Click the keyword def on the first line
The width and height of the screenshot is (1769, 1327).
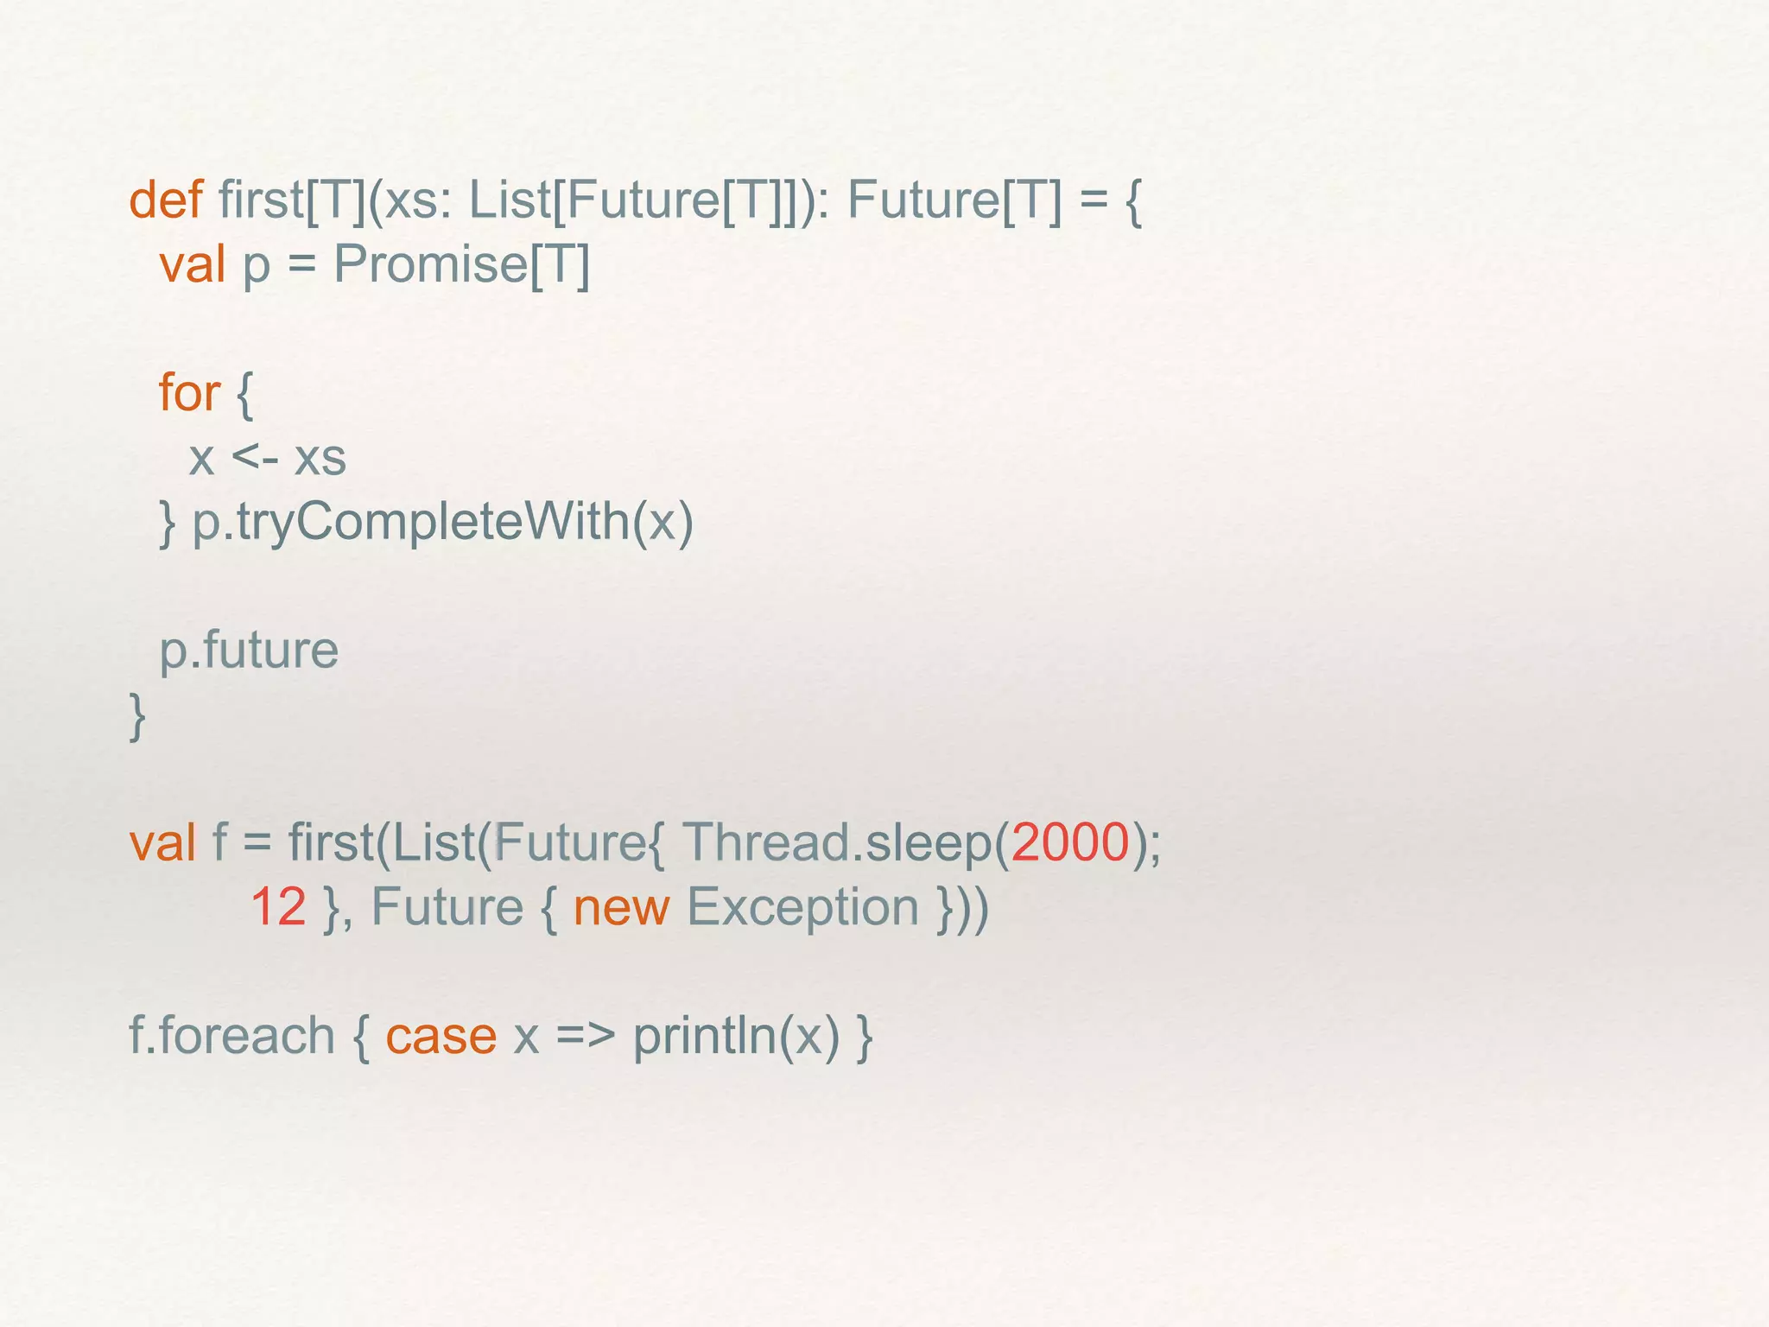(x=165, y=200)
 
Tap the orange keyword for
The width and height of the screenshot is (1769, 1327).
(x=189, y=393)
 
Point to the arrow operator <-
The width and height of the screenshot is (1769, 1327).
(x=255, y=458)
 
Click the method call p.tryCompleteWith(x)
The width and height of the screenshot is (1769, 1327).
(x=442, y=522)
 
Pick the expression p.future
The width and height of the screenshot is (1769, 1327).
(x=249, y=650)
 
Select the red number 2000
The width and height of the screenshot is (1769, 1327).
(x=1069, y=841)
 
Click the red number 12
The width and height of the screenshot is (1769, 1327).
(x=278, y=906)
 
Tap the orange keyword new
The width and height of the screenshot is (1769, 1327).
(x=621, y=907)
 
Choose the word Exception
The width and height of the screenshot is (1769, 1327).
(x=802, y=907)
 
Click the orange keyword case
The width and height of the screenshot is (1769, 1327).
(x=441, y=1035)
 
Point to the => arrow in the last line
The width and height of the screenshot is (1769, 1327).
(x=585, y=1035)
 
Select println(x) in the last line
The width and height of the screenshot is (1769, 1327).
(x=736, y=1035)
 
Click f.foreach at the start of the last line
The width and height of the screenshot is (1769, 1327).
(x=231, y=1035)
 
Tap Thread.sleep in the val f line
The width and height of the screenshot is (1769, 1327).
(x=836, y=841)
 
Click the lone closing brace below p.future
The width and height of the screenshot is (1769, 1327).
(x=136, y=715)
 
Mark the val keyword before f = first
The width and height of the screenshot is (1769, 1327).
(x=162, y=841)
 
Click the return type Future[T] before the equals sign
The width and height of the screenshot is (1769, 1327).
(x=954, y=200)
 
